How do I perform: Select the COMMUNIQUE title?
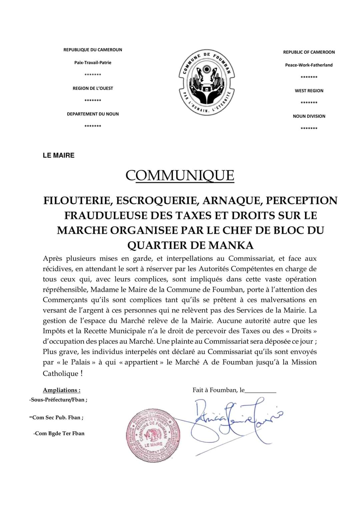pos(180,175)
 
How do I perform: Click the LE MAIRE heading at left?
pos(59,155)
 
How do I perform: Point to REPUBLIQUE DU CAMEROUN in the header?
pos(93,50)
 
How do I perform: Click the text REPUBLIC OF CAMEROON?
pos(309,52)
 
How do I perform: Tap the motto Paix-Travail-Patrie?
pos(93,63)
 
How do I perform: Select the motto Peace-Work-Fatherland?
pos(309,65)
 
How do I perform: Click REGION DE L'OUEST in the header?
pos(93,88)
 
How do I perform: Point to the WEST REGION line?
pos(309,91)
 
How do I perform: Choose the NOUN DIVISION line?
pos(309,116)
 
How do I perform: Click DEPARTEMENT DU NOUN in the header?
pos(93,114)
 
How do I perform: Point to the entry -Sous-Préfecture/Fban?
pos(58,399)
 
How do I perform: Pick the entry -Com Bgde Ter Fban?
pos(59,433)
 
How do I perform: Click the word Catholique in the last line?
pos(60,373)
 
